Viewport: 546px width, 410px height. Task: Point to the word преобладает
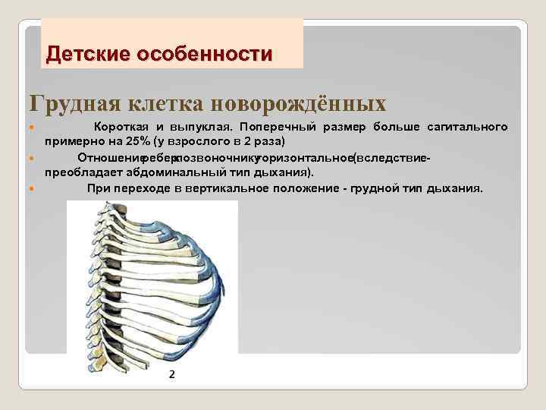tap(80, 172)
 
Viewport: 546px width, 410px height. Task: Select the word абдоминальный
tap(168, 172)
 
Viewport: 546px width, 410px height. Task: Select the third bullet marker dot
tap(30, 188)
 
